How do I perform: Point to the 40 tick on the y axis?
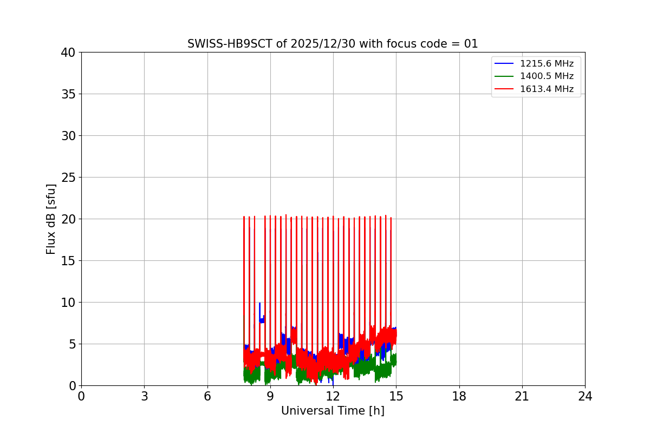tap(68, 53)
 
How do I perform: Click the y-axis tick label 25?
tap(68, 178)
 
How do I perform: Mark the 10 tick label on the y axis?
tap(68, 303)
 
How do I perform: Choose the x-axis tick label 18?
tap(459, 396)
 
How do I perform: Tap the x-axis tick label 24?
tap(585, 396)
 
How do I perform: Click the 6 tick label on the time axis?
tap(207, 396)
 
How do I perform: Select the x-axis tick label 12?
tap(333, 396)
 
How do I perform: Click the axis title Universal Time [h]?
tap(333, 411)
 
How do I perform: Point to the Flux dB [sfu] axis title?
tap(51, 219)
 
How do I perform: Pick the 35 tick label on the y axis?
tap(68, 94)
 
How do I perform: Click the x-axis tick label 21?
tap(522, 396)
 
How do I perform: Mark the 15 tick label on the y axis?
tap(68, 261)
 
